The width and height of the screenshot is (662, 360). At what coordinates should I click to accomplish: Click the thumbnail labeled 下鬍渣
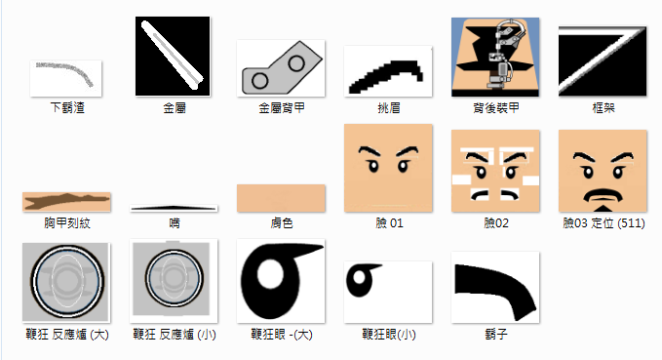pos(66,78)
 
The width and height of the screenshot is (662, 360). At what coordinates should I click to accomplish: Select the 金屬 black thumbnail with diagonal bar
pos(173,57)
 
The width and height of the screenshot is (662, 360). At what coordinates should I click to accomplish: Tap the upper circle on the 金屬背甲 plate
pos(296,63)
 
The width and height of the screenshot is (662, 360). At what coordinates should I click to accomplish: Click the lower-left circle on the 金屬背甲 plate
pos(259,80)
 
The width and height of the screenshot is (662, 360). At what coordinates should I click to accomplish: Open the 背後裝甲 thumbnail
pos(495,57)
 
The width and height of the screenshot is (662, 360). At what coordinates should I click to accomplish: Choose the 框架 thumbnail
pos(603,60)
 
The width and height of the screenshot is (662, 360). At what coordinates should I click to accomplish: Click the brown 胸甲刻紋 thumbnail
pos(66,202)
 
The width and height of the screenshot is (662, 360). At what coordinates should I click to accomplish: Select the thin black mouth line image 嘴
pos(174,208)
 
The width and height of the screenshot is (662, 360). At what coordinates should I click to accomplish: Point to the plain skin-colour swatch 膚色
pos(281,198)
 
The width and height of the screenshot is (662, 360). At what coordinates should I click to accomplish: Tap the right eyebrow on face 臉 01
pos(408,151)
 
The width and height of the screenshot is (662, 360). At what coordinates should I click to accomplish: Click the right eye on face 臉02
pos(511,172)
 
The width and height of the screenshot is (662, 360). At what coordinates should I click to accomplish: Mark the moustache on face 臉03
pos(603,195)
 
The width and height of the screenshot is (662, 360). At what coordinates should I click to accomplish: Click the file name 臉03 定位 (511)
pos(604,223)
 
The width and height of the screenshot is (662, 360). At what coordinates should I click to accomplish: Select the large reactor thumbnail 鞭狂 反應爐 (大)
pos(66,282)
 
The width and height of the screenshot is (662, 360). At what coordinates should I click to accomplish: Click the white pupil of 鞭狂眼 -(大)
pos(270,273)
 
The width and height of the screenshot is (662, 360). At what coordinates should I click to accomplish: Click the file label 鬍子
pos(496,335)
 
